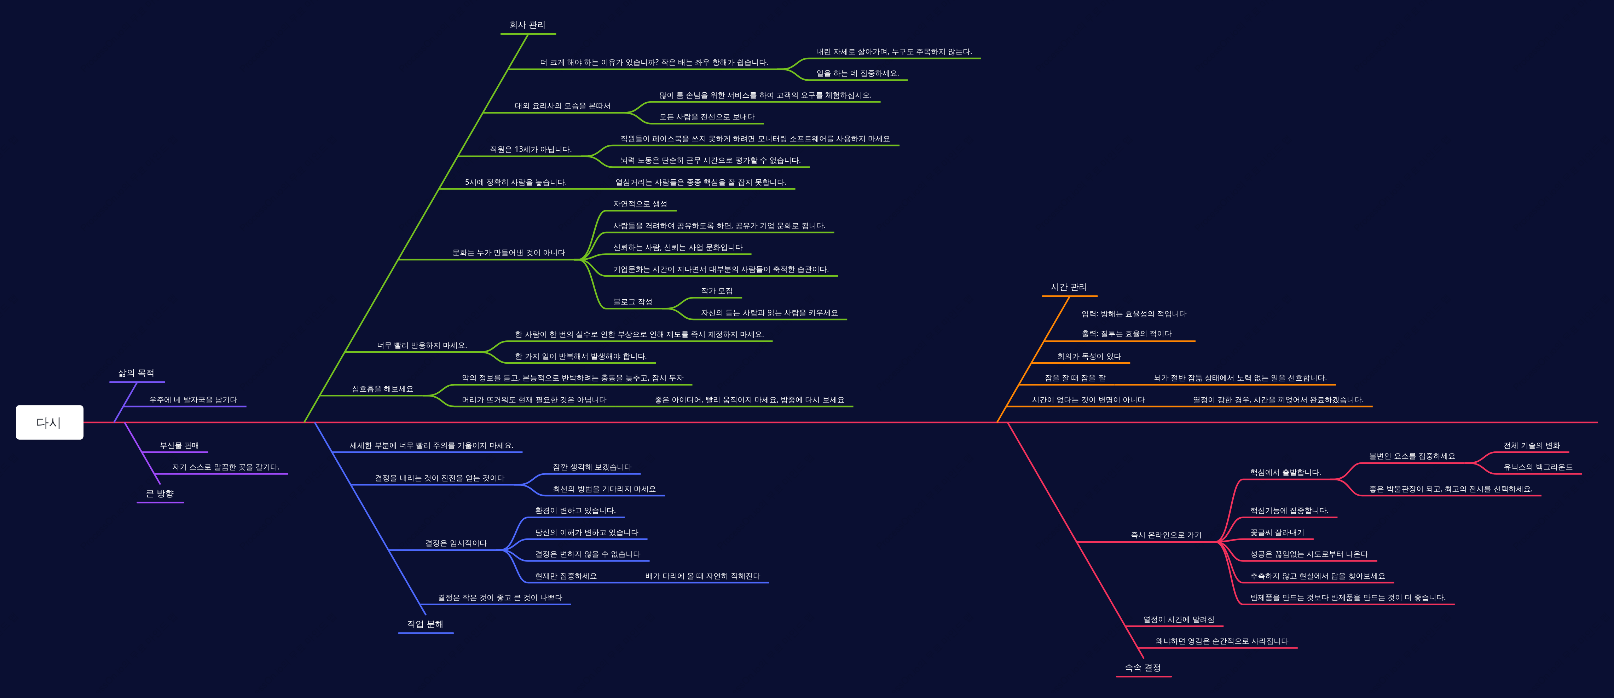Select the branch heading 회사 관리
click(527, 25)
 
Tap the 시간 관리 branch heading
click(1069, 287)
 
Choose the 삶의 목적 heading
click(137, 373)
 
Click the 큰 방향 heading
click(160, 494)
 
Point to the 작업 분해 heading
click(426, 624)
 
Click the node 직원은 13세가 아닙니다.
click(531, 149)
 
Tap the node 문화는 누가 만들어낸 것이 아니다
click(509, 253)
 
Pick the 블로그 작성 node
click(633, 302)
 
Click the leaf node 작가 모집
click(717, 291)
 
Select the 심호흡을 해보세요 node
click(383, 389)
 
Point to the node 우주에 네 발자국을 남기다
click(193, 400)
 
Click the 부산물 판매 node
click(179, 445)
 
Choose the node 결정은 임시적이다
click(456, 543)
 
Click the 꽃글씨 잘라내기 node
click(1278, 532)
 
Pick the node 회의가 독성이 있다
click(1089, 357)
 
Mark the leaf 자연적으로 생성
click(640, 204)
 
